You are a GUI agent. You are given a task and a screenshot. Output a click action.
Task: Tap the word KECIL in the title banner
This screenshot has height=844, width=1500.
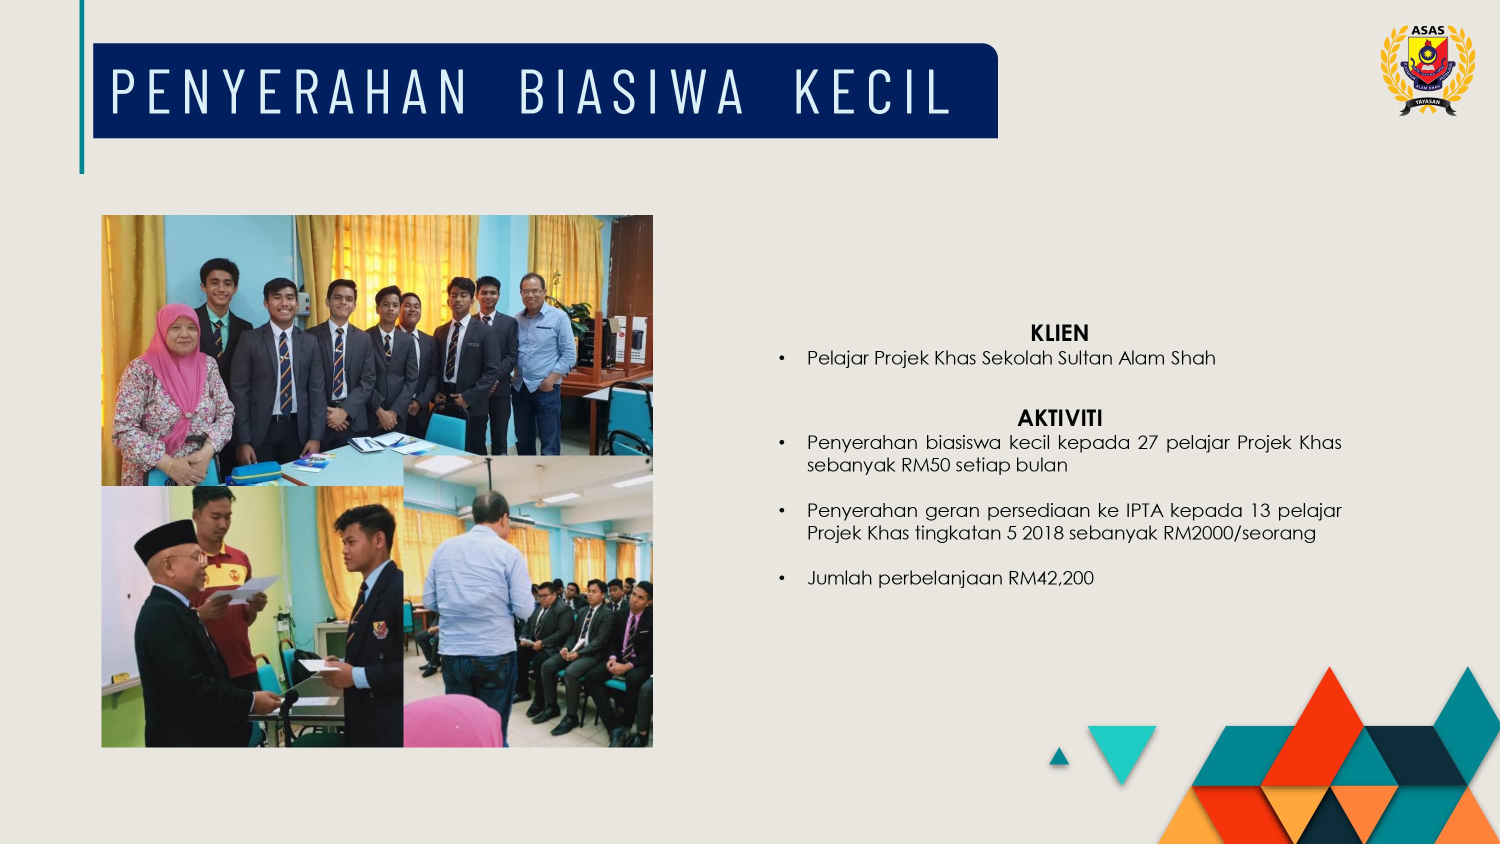point(873,91)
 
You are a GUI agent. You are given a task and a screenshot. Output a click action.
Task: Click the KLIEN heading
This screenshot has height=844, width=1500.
point(1059,333)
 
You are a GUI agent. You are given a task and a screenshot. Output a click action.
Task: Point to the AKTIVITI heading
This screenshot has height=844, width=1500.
point(1060,417)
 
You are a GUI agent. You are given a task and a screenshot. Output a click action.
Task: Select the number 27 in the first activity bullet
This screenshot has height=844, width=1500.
point(1147,442)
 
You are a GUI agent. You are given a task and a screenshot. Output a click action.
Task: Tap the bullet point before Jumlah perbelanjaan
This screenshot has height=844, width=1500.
point(782,578)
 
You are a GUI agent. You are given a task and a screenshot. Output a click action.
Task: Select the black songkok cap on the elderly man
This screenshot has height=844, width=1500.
point(166,539)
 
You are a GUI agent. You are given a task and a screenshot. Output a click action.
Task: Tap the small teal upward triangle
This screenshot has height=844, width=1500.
point(1059,757)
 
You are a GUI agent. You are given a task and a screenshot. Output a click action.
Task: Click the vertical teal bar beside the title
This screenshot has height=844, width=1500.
point(82,87)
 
